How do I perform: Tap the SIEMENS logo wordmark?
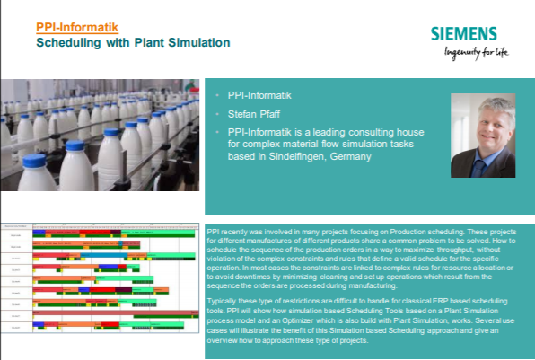(462, 35)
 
